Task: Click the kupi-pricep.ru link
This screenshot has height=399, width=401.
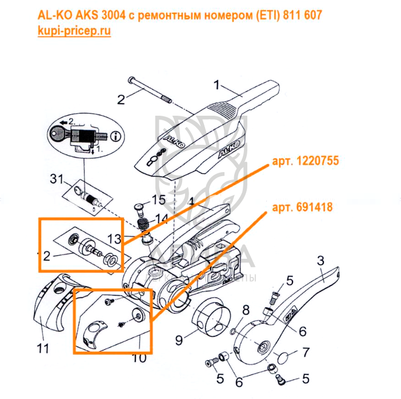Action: (74, 31)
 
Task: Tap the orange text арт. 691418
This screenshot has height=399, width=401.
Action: (303, 206)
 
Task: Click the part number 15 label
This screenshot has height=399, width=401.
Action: (158, 200)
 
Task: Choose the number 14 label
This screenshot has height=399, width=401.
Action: (162, 218)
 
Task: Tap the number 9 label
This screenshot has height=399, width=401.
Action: (179, 341)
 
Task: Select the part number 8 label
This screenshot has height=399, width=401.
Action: (246, 310)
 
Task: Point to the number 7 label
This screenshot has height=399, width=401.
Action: (305, 352)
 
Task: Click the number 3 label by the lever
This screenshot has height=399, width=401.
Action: (320, 261)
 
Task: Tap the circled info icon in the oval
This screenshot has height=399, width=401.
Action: (117, 136)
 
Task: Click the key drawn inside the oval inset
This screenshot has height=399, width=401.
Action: (59, 136)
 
